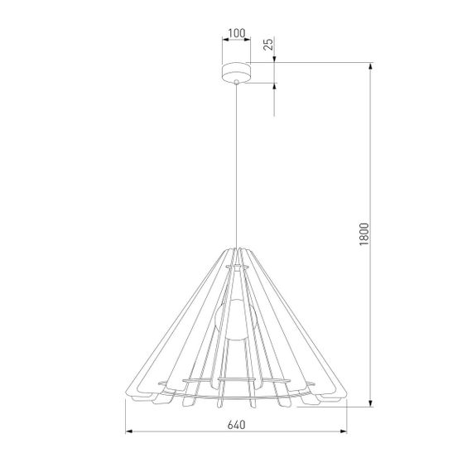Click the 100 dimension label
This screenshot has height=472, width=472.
236,34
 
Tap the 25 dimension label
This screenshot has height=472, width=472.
267,44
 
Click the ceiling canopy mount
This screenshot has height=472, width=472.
236,72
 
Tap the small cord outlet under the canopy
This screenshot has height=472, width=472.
236,83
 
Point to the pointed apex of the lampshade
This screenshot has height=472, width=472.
237,246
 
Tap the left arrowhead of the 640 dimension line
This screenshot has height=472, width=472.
129,432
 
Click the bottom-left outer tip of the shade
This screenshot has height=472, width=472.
130,398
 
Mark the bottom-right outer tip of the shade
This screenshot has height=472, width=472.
342,398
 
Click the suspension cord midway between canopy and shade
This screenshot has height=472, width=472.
237,166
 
